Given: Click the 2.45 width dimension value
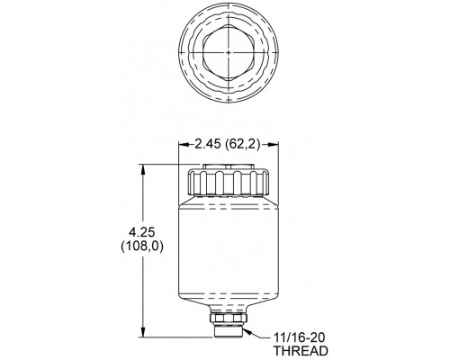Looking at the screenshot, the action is tap(209, 144).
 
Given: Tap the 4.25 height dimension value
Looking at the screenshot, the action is tap(141, 232).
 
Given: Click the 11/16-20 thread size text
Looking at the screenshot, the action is tap(300, 338).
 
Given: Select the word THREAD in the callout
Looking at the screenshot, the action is tap(301, 351).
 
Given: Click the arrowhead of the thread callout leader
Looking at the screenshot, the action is tap(247, 331).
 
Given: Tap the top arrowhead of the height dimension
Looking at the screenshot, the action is tap(144, 168).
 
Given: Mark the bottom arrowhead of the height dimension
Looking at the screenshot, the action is tap(144, 333).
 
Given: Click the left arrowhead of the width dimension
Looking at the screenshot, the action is tap(184, 144).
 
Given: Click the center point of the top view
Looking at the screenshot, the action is tap(229, 52).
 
